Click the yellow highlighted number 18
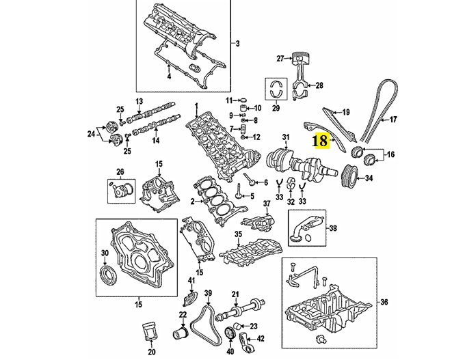coord(321,141)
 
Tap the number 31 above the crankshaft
coord(286,137)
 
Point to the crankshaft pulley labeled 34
coord(349,178)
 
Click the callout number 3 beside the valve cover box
coord(237,44)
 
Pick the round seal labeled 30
coord(109,276)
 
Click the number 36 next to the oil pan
coord(384,302)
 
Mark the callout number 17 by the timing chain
coord(393,120)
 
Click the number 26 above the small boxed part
coord(120,171)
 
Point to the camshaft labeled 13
coord(151,112)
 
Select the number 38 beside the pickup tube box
coord(333,228)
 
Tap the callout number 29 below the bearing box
coord(276,108)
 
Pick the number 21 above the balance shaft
coord(235,294)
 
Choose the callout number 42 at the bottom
coord(260,339)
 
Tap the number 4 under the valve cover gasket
coord(169,77)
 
